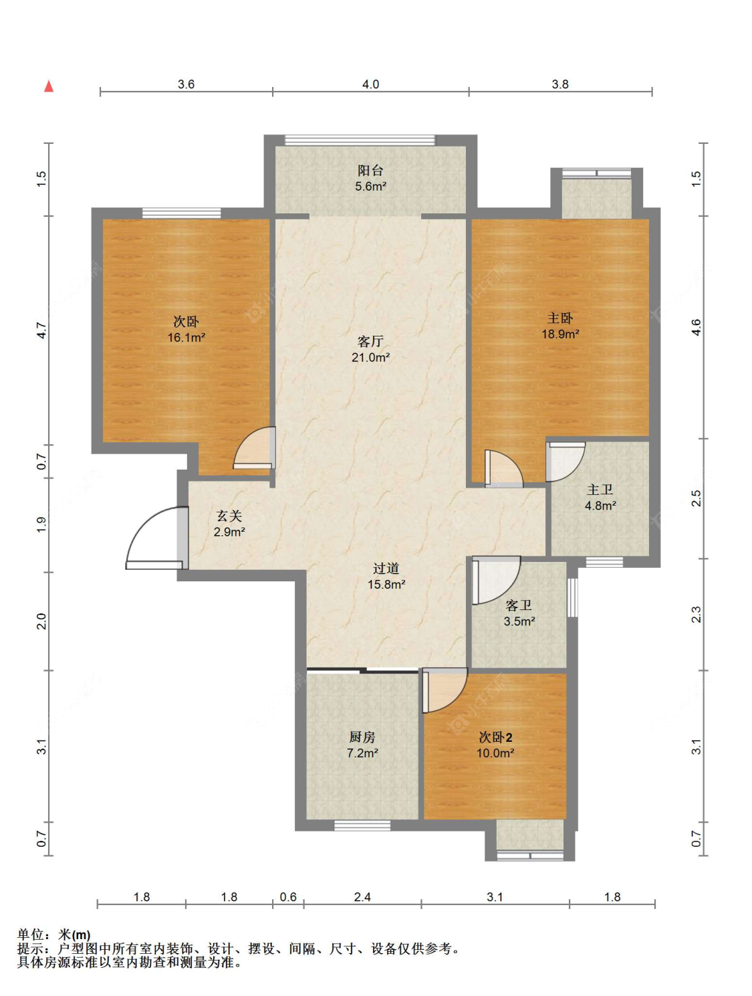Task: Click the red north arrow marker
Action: click(x=49, y=86)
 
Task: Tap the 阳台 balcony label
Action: click(x=370, y=170)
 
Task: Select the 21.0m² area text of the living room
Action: click(x=371, y=357)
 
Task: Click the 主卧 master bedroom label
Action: click(x=560, y=318)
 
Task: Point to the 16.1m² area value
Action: click(x=186, y=338)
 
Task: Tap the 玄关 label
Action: click(x=229, y=516)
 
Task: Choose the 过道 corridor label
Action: click(x=386, y=569)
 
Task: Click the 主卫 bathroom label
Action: click(x=600, y=490)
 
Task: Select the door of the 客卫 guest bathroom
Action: click(x=496, y=581)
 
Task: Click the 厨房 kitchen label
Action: click(x=362, y=737)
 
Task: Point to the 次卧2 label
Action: click(x=495, y=737)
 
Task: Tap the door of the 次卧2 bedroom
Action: click(x=445, y=690)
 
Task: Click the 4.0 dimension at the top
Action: click(x=370, y=84)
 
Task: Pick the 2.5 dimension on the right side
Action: click(x=697, y=498)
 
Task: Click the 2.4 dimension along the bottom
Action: click(x=362, y=897)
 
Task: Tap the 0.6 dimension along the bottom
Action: click(x=288, y=897)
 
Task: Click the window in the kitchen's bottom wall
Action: click(x=362, y=825)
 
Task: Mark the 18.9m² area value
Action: click(x=561, y=334)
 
